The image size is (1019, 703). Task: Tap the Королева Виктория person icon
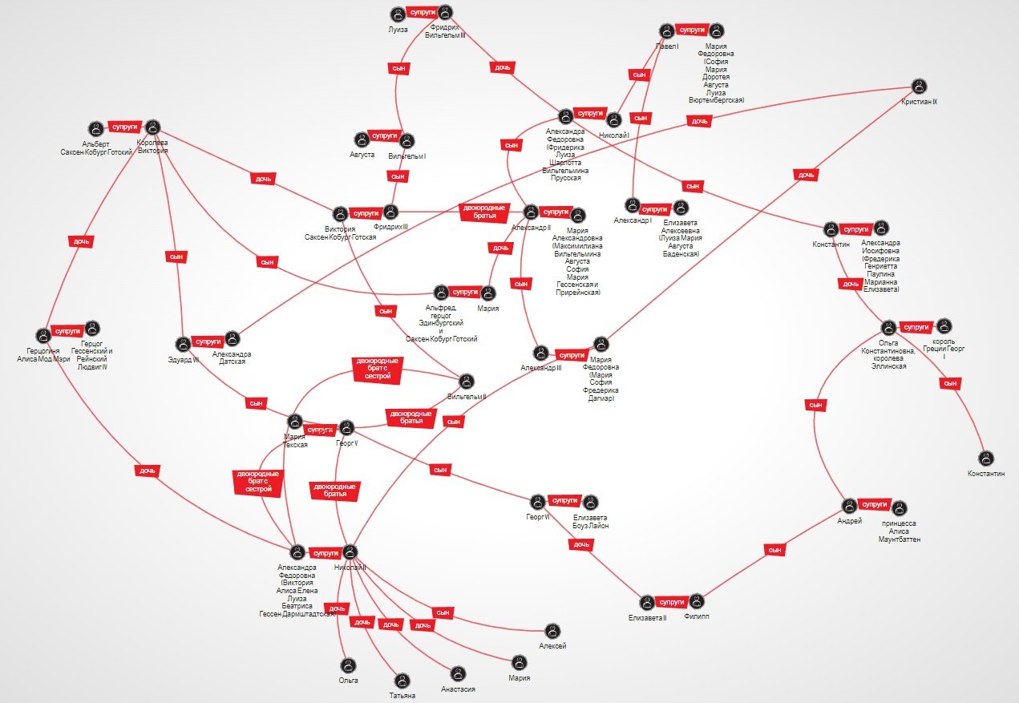click(152, 127)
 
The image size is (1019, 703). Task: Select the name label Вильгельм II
click(467, 397)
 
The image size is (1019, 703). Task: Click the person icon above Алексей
click(552, 631)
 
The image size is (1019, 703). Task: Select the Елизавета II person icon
click(647, 602)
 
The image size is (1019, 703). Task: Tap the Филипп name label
click(697, 617)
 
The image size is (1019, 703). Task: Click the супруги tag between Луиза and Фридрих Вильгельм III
click(422, 14)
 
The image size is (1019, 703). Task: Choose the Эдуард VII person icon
click(183, 344)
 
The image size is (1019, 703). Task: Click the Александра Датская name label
click(233, 358)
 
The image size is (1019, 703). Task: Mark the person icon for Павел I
click(665, 31)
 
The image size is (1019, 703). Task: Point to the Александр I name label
click(633, 220)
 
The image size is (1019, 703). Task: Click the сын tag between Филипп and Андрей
click(774, 550)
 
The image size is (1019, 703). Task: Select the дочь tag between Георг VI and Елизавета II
click(580, 545)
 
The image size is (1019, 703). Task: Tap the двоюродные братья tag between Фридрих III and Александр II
click(485, 212)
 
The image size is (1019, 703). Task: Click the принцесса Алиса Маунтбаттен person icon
click(899, 508)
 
